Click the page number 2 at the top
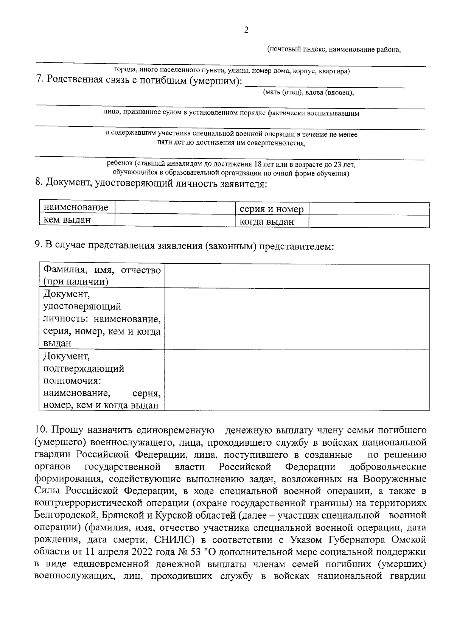pos(246,30)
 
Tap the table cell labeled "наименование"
pos(76,207)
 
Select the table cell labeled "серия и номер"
pos(271,209)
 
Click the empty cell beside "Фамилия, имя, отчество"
pos(297,276)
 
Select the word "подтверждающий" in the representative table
pos(84,368)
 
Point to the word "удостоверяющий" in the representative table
pos(82,306)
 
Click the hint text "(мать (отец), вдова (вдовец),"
pos(308,92)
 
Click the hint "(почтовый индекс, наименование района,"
pos(334,50)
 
